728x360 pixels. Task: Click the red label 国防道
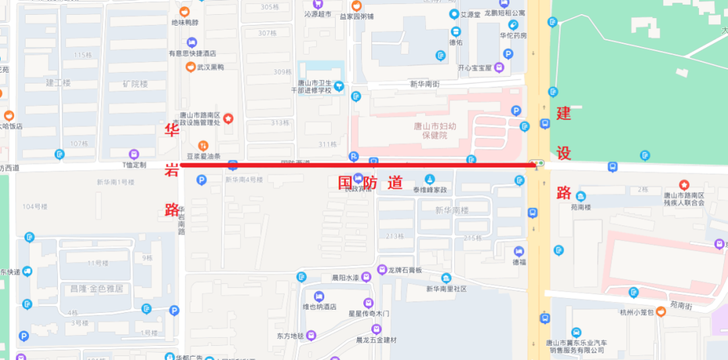(x=370, y=183)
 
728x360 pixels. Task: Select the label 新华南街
(x=425, y=84)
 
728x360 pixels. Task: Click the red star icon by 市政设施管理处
(x=229, y=119)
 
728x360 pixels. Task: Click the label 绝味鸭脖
(x=185, y=22)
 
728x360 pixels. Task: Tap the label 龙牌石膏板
(x=404, y=270)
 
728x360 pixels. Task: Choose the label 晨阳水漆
(x=340, y=277)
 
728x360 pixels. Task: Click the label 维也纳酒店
(x=319, y=307)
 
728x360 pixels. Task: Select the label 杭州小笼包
(x=636, y=311)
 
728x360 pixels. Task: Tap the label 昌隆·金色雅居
(x=96, y=289)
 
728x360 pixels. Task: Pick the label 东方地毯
(x=291, y=335)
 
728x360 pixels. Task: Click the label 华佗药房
(x=513, y=36)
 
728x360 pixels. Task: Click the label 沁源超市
(x=317, y=14)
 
